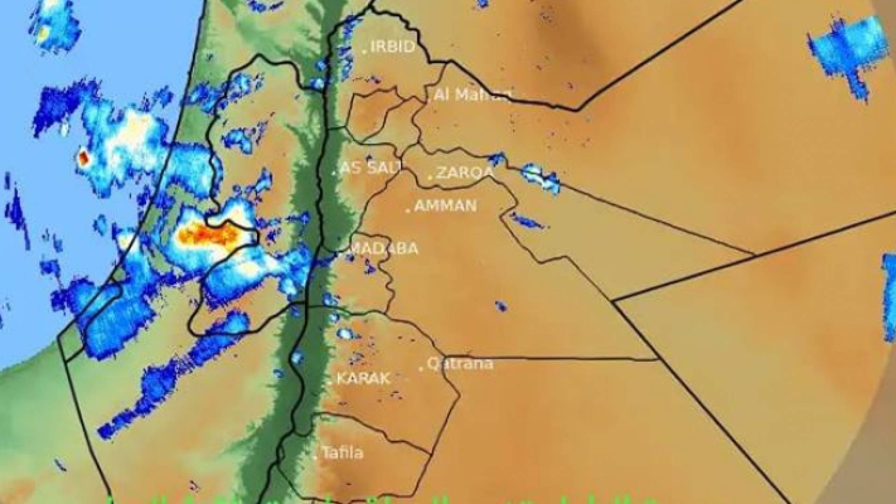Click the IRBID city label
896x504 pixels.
[x=392, y=47]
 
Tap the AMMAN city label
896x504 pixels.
[x=446, y=206]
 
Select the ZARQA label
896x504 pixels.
[x=465, y=173]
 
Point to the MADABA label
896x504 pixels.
[x=384, y=248]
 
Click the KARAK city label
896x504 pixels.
[x=364, y=378]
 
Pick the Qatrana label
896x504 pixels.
[x=460, y=364]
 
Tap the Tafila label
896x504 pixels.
[x=343, y=453]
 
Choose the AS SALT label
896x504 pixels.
[x=371, y=168]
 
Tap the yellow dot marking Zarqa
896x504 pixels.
[x=430, y=177]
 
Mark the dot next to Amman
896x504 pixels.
[x=408, y=210]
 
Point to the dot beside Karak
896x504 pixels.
[x=329, y=383]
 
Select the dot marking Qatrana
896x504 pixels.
[x=421, y=369]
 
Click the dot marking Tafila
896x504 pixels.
[x=315, y=457]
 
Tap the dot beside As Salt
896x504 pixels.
[x=334, y=173]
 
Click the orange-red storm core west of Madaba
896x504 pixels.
[x=210, y=233]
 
